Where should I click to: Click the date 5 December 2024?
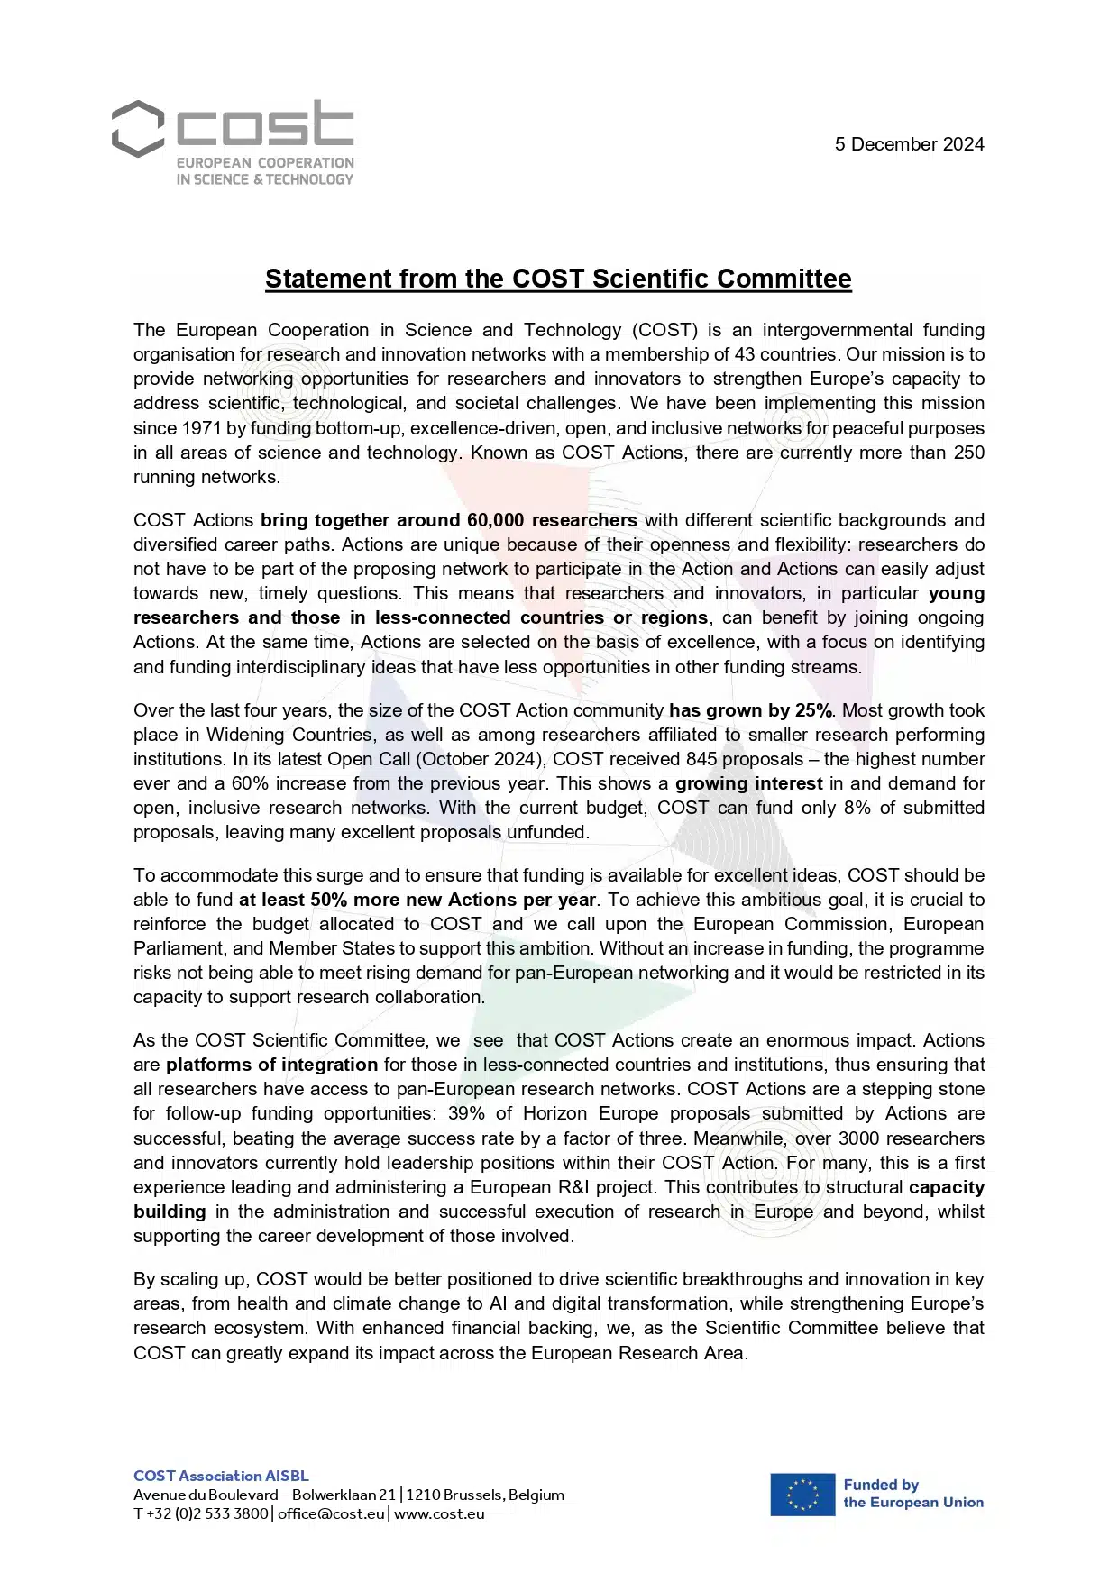tap(909, 144)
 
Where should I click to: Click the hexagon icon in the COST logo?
tap(138, 128)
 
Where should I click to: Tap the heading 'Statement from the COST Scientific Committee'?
tap(558, 279)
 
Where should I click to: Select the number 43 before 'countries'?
tap(744, 354)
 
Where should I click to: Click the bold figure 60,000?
tap(495, 520)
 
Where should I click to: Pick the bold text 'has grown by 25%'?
tap(751, 710)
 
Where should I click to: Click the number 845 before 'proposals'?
tap(701, 759)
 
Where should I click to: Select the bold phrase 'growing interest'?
tap(748, 783)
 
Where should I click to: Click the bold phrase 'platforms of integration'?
tap(271, 1065)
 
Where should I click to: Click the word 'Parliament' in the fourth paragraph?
tap(177, 948)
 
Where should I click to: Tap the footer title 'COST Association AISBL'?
tap(221, 1476)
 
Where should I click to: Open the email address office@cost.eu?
tap(331, 1513)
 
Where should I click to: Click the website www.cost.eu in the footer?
tap(439, 1513)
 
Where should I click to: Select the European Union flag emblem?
tap(802, 1494)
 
